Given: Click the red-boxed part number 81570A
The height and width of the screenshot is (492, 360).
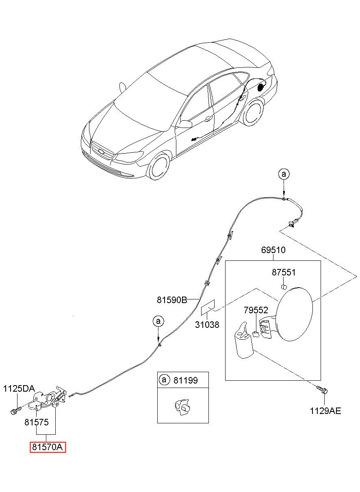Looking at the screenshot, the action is point(48,447).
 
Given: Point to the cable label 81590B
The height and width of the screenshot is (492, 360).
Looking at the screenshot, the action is point(172,300).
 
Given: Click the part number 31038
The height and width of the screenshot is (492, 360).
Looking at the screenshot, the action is point(207,325).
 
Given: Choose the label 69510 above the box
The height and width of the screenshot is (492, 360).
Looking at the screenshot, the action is point(273,250).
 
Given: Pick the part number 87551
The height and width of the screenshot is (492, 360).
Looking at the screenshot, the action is point(284,273).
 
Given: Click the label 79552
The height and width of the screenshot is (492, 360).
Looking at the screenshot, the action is point(256,310).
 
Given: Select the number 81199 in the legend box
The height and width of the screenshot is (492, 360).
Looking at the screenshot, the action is point(186,380).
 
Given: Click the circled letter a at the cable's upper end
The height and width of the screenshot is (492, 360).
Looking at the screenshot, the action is point(284,174).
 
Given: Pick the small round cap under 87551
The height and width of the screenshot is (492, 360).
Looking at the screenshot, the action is point(284,286).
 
